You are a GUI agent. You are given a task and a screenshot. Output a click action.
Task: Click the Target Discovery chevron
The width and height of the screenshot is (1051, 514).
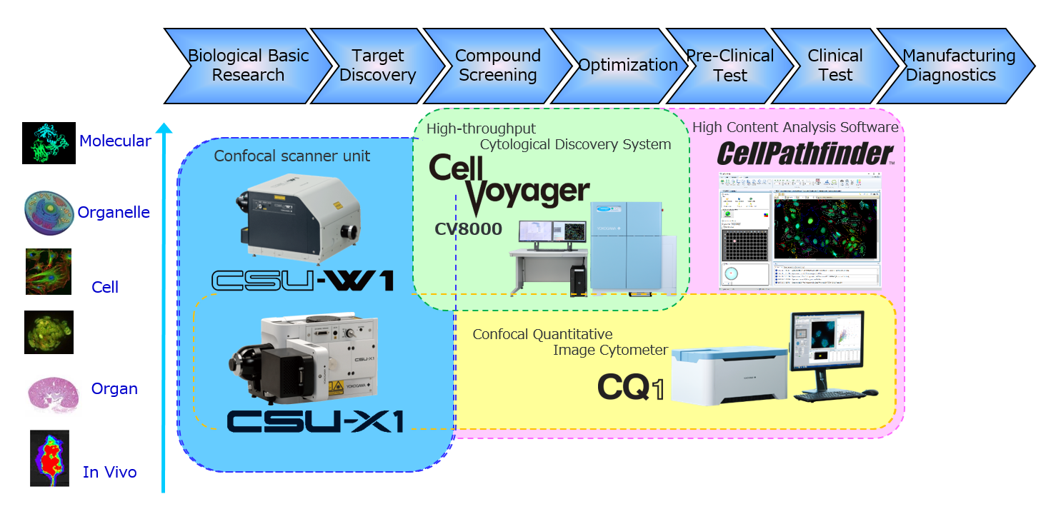pyautogui.click(x=377, y=66)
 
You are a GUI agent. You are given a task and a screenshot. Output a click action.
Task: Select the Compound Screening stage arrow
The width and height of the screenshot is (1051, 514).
pyautogui.click(x=498, y=66)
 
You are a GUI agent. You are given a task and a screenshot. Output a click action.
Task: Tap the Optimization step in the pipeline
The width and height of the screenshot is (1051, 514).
pyautogui.click(x=627, y=66)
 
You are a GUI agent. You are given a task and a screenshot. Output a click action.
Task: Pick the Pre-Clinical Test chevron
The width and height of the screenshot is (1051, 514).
pyautogui.click(x=729, y=66)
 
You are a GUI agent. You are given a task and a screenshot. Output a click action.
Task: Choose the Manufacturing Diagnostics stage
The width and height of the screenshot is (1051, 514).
pyautogui.click(x=957, y=66)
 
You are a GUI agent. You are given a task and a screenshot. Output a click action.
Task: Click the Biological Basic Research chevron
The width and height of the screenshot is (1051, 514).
pyautogui.click(x=248, y=66)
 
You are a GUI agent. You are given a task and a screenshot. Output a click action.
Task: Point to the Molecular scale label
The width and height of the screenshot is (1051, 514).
pyautogui.click(x=114, y=141)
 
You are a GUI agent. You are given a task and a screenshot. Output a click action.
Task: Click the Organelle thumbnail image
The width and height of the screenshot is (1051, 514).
pyautogui.click(x=49, y=213)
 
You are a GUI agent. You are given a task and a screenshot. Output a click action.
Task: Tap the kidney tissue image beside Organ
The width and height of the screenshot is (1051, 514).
pyautogui.click(x=54, y=395)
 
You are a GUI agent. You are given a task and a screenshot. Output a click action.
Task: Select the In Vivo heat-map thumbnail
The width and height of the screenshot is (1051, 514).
pyautogui.click(x=49, y=458)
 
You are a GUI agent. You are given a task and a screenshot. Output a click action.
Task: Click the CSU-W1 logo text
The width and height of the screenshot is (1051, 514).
pyautogui.click(x=303, y=279)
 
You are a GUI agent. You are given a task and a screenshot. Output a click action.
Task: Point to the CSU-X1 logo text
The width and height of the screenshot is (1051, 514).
pyautogui.click(x=315, y=421)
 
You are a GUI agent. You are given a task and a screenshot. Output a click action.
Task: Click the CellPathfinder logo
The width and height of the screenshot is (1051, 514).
pyautogui.click(x=805, y=153)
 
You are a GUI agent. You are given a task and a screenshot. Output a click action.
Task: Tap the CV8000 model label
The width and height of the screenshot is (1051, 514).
pyautogui.click(x=468, y=229)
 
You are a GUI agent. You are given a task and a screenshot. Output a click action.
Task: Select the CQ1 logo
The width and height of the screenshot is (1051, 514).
pyautogui.click(x=630, y=387)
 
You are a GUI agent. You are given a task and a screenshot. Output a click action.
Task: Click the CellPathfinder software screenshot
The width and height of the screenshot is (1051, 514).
pyautogui.click(x=800, y=230)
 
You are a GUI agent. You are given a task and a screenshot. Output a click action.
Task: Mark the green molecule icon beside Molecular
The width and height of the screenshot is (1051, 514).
pyautogui.click(x=49, y=142)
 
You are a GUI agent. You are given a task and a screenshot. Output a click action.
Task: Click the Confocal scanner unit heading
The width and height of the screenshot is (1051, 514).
pyautogui.click(x=292, y=156)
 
